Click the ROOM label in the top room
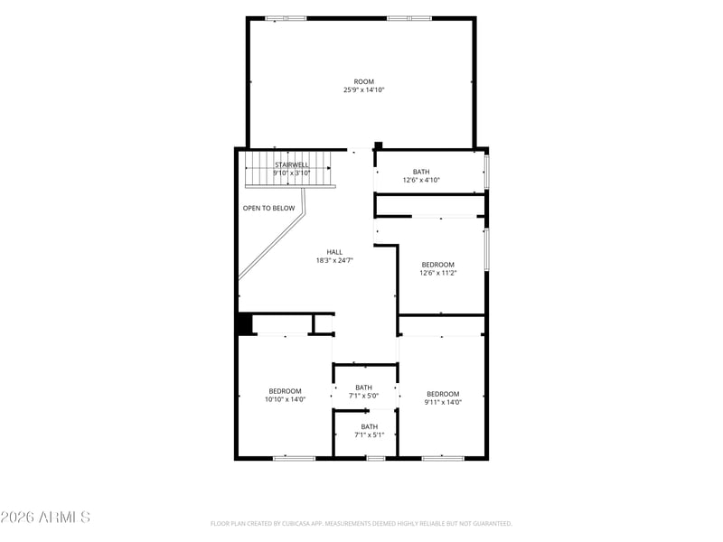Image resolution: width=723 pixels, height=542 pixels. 364,81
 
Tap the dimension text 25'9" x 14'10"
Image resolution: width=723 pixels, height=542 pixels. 364,89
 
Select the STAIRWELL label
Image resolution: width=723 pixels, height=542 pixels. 292,164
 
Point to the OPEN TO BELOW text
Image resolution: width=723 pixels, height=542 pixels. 268,208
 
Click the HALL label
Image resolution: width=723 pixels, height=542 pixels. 334,252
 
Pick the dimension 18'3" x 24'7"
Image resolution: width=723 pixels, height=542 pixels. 334,260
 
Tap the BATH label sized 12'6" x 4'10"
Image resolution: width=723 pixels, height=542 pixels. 421,172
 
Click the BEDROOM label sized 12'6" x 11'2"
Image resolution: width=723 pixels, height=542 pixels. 438,265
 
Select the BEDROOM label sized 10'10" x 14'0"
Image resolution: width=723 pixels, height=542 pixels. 285,391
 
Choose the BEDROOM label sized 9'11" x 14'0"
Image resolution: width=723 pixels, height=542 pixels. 443,394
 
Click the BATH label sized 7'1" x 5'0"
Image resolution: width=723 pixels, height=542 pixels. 364,388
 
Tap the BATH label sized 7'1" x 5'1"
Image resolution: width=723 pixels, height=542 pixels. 370,426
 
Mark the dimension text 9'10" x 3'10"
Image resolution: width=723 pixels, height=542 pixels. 292,173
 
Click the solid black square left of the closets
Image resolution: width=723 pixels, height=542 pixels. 244,323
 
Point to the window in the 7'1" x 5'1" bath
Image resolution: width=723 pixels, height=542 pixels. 376,458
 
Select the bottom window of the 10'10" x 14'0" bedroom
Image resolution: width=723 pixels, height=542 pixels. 295,458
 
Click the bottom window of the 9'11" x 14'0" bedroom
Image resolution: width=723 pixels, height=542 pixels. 443,458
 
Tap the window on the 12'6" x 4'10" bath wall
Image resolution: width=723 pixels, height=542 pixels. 486,172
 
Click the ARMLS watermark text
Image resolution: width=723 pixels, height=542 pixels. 45,517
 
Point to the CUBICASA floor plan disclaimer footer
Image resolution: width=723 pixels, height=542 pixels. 361,524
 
